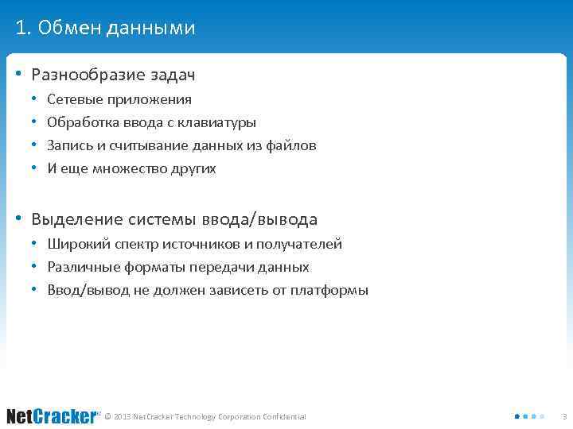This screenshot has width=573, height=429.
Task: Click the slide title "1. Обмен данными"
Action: [105, 29]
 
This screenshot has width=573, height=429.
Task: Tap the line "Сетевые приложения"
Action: [119, 99]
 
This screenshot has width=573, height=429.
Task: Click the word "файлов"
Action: [294, 145]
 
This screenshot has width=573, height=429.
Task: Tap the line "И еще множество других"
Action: [131, 168]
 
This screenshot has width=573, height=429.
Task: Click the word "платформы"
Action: [329, 290]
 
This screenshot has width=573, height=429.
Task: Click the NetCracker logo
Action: [52, 416]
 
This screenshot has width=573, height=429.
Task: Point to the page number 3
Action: [563, 416]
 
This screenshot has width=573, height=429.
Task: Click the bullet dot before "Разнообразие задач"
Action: [18, 75]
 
